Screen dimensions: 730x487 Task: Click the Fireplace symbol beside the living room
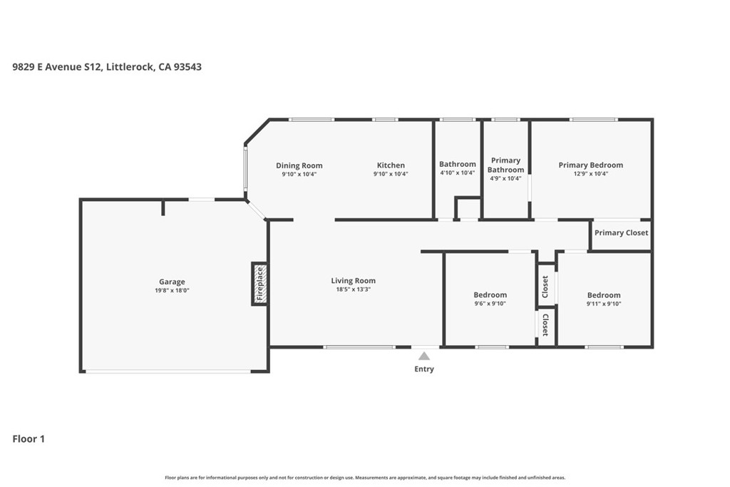pos(259,284)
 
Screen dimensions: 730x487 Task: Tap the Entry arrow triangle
pos(423,357)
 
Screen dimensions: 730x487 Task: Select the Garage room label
pos(172,282)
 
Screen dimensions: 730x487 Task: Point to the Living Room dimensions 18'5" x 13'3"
pos(354,289)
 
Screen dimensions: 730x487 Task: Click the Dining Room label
pos(299,165)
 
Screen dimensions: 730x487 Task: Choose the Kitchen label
pos(391,165)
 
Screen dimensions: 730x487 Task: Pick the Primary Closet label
pos(621,232)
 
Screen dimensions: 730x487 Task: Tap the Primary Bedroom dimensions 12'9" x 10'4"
pos(591,174)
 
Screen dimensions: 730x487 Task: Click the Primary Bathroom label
pos(505,165)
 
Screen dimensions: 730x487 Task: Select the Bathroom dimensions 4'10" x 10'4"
pos(457,173)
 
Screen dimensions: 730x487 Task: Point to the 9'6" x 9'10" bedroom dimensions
pos(490,304)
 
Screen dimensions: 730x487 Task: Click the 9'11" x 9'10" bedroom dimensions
pos(604,304)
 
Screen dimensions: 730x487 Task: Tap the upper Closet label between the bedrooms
pos(545,287)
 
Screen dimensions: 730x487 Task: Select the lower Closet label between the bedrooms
pos(545,325)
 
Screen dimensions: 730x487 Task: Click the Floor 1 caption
pos(29,439)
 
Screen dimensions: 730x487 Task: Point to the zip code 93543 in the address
pos(187,66)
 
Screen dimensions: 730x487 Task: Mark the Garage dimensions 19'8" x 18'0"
pos(172,290)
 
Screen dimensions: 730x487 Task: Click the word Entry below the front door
pos(424,369)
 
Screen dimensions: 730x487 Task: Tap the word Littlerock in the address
pos(130,66)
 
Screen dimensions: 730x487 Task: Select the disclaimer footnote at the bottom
pos(365,477)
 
